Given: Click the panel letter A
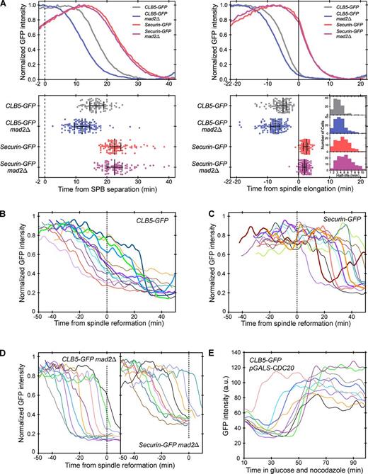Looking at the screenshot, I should point(6,5).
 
